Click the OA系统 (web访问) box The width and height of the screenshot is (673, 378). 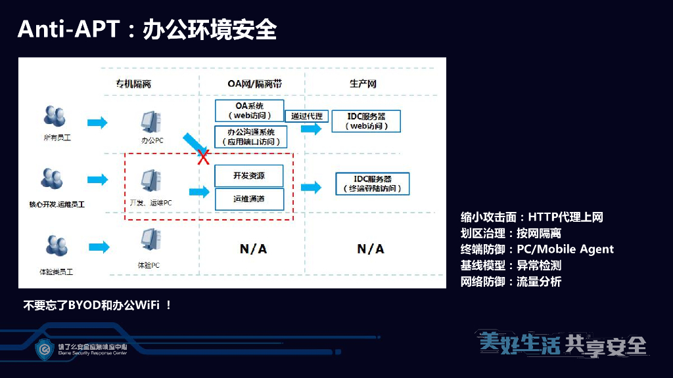click(249, 110)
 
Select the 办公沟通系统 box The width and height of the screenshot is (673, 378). click(250, 136)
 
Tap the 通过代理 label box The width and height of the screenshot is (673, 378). click(306, 116)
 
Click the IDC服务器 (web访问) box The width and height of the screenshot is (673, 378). click(365, 121)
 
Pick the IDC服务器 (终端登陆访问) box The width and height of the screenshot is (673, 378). click(372, 184)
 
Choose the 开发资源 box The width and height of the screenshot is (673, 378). click(249, 176)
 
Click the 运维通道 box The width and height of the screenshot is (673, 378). click(249, 199)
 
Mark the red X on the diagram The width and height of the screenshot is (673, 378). click(204, 156)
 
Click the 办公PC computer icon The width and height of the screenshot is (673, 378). click(151, 123)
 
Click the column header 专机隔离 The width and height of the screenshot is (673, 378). click(133, 84)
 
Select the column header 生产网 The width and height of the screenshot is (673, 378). click(363, 84)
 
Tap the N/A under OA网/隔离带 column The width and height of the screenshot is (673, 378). click(253, 249)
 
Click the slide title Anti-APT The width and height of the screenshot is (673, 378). click(69, 30)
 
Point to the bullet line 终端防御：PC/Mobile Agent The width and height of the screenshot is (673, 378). click(537, 249)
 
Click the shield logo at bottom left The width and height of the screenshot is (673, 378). click(44, 348)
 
